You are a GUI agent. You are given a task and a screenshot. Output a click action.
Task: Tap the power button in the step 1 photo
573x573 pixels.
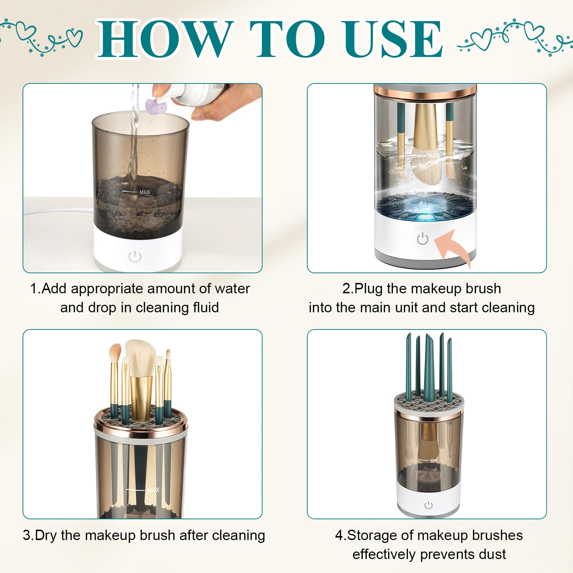pos(135,256)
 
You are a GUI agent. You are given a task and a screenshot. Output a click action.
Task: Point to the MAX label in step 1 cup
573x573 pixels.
pos(145,192)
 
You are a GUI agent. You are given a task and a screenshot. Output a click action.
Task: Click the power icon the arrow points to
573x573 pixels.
pos(423,239)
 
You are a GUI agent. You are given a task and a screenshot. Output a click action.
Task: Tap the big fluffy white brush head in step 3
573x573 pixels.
pos(140,356)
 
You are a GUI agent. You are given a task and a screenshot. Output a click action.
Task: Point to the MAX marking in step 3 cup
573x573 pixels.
pos(153,490)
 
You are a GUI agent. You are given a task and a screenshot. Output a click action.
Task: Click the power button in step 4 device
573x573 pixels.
pos(428,505)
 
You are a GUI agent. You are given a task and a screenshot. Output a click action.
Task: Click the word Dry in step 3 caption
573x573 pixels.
pos(47,535)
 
